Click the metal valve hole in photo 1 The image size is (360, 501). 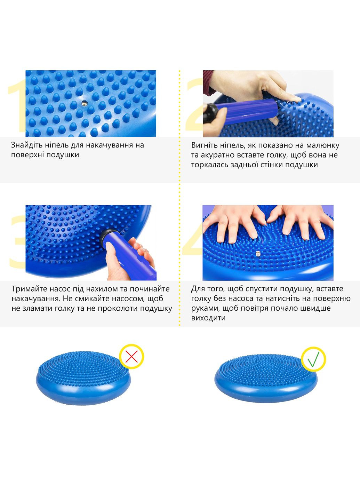(84, 103)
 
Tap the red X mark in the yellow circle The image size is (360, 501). (131, 356)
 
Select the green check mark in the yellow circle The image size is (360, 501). (313, 359)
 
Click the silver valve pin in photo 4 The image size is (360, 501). (257, 254)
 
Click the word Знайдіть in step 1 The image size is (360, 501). (26, 145)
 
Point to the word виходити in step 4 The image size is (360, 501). (208, 318)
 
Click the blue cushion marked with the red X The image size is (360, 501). (83, 377)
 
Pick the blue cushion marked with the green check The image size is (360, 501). (266, 378)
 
